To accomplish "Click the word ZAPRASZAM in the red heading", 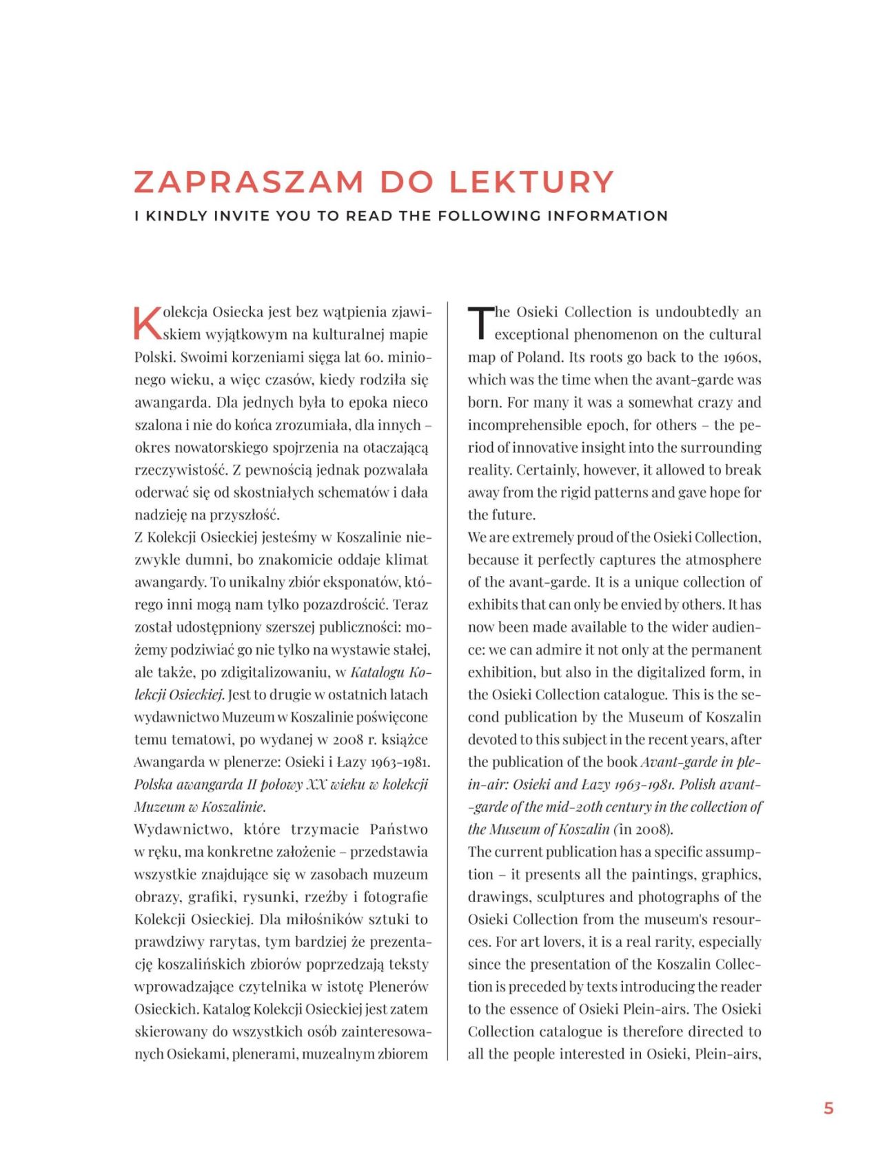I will pos(249,182).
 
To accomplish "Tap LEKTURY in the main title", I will pos(531,182).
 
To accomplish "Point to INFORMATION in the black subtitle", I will pos(607,216).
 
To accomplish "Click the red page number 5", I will pos(828,1108).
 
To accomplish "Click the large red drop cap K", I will pos(147,323).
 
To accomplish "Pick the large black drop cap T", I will pos(480,323).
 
